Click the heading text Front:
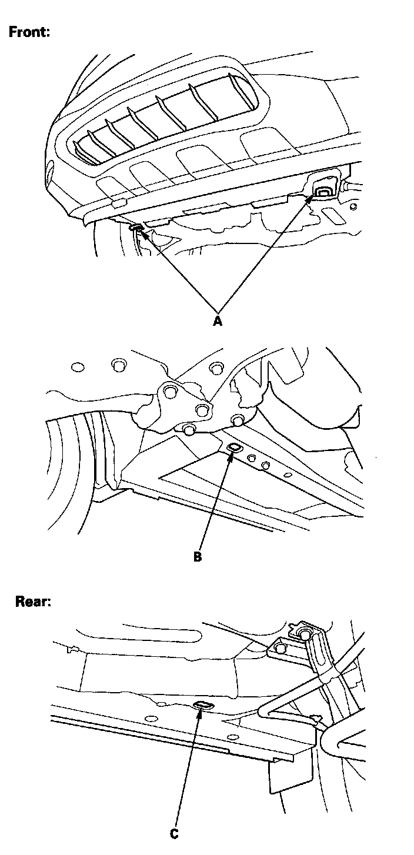(29, 32)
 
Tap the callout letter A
(218, 321)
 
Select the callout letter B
(198, 556)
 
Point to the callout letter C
(174, 833)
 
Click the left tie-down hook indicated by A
(135, 227)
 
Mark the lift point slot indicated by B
(233, 449)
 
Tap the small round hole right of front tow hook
(353, 206)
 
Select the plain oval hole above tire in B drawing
(76, 368)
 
